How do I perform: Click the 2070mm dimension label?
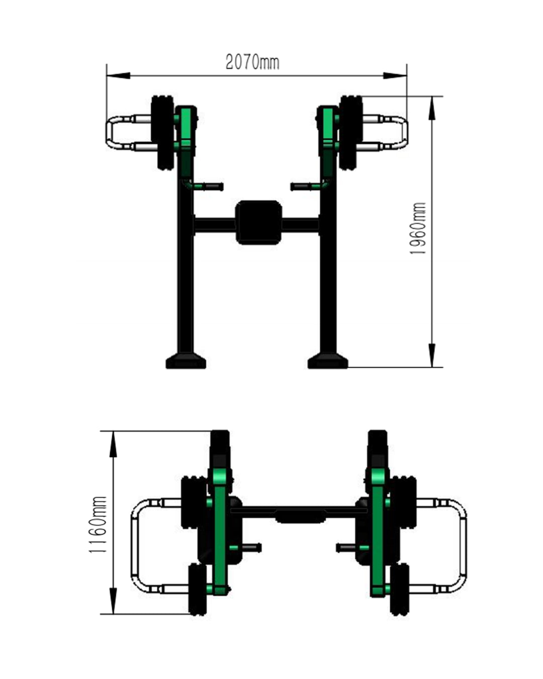click(252, 62)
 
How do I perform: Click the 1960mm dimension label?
click(418, 228)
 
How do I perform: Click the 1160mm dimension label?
click(99, 524)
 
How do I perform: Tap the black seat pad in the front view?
click(258, 222)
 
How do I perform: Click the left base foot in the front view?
click(186, 361)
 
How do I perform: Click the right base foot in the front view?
click(328, 361)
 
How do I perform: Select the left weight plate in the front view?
click(162, 132)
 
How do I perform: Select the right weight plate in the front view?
click(351, 132)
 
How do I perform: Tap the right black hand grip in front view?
click(301, 187)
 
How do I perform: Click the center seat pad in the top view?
click(300, 516)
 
